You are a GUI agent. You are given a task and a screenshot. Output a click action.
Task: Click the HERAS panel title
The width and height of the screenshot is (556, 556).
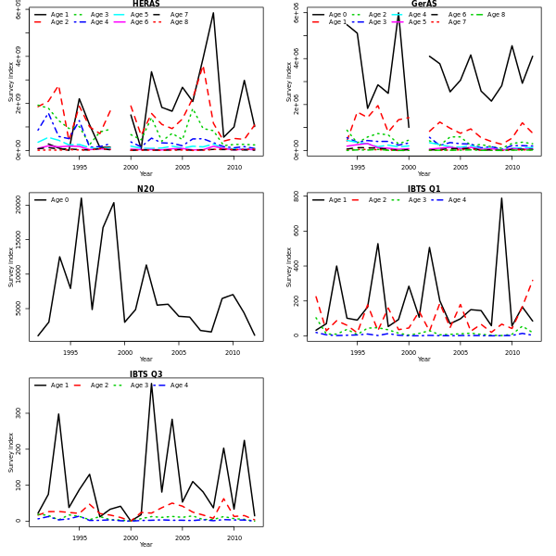pyautogui.click(x=145, y=4)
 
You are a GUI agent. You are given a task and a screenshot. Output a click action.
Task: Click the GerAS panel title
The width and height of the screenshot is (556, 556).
pyautogui.click(x=423, y=4)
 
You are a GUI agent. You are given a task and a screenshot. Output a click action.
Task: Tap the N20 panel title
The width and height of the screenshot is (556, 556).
pyautogui.click(x=145, y=189)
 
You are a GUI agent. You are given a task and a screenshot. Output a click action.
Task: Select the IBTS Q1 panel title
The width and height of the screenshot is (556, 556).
pyautogui.click(x=423, y=189)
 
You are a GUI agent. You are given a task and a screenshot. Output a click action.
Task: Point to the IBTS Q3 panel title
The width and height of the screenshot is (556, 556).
pyautogui.click(x=145, y=374)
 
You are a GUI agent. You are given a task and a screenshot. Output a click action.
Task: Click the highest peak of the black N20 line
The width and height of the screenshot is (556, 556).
pyautogui.click(x=81, y=198)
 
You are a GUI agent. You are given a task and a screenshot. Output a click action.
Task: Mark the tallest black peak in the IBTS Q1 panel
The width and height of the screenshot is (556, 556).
pyautogui.click(x=501, y=198)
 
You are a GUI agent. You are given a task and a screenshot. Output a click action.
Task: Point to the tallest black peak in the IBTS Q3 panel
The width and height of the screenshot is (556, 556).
pyautogui.click(x=151, y=383)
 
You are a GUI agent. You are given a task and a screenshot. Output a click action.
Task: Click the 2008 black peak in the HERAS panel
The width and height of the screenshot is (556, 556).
pyautogui.click(x=213, y=13)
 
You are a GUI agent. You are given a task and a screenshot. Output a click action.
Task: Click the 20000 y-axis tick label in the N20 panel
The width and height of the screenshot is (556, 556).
pyautogui.click(x=18, y=209)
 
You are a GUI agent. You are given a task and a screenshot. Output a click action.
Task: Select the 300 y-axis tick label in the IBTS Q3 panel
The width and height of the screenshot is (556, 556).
pyautogui.click(x=18, y=413)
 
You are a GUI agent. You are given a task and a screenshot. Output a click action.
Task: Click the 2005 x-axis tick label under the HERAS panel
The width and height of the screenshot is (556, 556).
pyautogui.click(x=182, y=167)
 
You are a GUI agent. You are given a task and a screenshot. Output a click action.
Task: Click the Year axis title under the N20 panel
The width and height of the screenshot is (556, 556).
pyautogui.click(x=145, y=359)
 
